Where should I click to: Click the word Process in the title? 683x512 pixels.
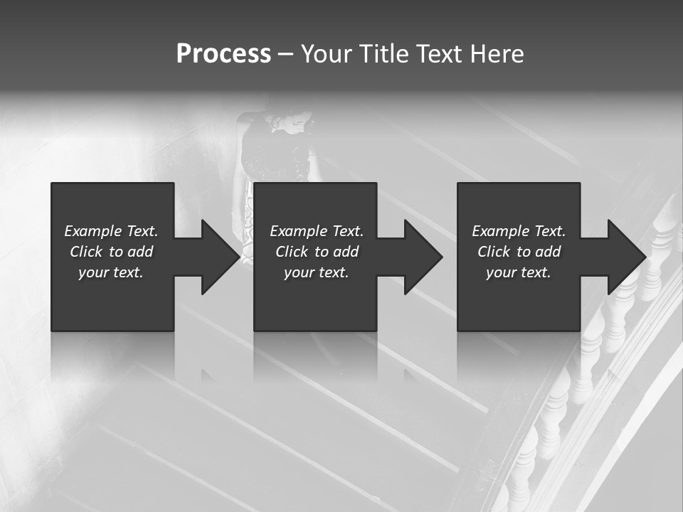pos(223,54)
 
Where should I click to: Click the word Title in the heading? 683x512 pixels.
pos(382,54)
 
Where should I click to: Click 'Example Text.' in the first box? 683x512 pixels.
pos(111,231)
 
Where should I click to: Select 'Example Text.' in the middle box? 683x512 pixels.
pos(317,231)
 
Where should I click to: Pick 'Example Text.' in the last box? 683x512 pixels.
pos(519,231)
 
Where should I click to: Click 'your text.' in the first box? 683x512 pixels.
pos(111,272)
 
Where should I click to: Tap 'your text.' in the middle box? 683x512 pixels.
pos(317,272)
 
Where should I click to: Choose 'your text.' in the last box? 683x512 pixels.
pos(519,272)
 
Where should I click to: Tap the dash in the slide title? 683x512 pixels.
pos(285,54)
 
